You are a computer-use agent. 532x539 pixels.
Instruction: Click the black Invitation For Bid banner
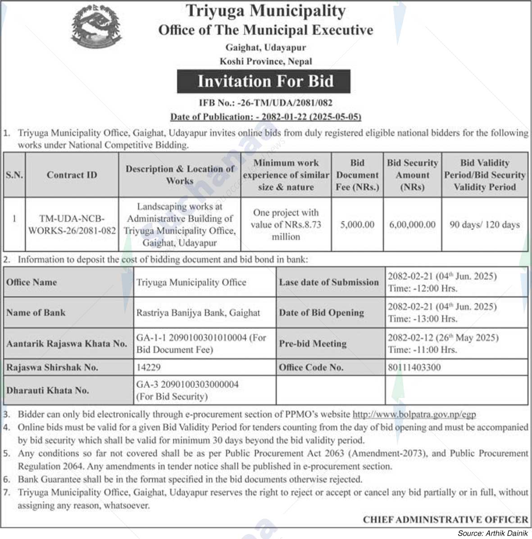click(x=264, y=82)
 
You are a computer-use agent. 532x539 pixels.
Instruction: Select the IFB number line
click(x=265, y=103)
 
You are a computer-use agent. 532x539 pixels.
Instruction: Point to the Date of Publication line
click(x=265, y=117)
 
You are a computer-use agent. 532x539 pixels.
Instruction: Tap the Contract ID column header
click(x=72, y=175)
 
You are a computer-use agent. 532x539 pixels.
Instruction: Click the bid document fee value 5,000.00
click(x=357, y=224)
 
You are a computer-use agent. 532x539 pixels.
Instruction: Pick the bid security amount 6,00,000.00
click(x=412, y=224)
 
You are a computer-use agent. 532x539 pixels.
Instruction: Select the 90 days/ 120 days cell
click(x=484, y=224)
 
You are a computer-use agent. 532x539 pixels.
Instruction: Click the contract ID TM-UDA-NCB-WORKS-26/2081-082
click(x=72, y=224)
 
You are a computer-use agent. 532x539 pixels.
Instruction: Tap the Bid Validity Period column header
click(x=484, y=175)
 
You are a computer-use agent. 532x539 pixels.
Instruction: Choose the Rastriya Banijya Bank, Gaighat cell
click(x=198, y=313)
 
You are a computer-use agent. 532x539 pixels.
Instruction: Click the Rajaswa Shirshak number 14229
click(x=149, y=367)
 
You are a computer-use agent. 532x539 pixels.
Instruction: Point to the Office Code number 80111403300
click(x=414, y=367)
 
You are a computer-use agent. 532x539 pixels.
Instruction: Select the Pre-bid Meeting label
click(x=313, y=343)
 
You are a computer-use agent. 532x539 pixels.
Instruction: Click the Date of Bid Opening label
click(x=321, y=313)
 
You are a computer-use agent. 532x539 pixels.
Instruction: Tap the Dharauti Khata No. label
click(x=47, y=390)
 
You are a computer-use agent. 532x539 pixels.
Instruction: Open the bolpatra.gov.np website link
click(x=414, y=414)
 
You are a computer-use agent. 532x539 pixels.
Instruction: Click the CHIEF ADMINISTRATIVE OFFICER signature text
click(x=446, y=520)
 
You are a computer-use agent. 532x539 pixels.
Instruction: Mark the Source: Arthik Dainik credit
click(x=492, y=533)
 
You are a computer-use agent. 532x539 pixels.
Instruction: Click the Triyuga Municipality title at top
click(x=265, y=11)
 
